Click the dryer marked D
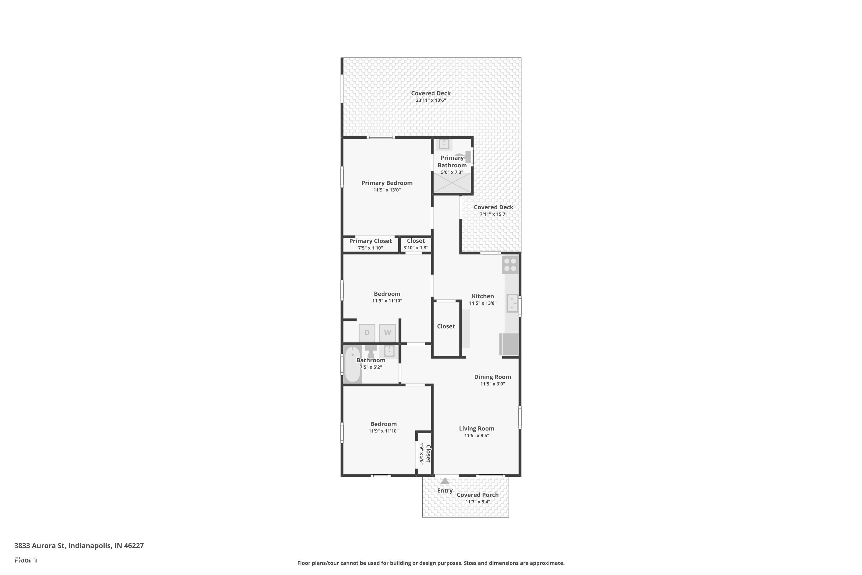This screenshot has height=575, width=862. pos(367,333)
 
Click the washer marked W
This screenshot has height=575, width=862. pos(387,333)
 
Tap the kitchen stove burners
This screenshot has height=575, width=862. pos(510,265)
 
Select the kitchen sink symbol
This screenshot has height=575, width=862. pos(512,303)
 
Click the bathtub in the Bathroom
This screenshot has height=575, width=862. pos(353,365)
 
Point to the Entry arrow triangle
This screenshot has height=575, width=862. pos(445,481)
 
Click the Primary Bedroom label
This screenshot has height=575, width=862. pos(387,183)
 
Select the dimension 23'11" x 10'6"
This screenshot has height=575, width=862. pos(431,100)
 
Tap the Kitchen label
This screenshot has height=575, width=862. pos(483,296)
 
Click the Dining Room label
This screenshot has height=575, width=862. pos(492,377)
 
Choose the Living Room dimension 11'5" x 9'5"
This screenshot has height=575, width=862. pos(476,436)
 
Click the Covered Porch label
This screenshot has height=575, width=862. pos(478,495)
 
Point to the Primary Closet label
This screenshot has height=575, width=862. pos(370,241)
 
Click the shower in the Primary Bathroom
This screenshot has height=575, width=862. pos(452,183)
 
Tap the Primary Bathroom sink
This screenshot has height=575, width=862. pos(444,143)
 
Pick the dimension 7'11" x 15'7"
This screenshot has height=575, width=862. pos(493,214)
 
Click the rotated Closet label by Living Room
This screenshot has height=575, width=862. pos(428,454)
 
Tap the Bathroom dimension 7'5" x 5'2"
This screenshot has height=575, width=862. pos(371,367)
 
